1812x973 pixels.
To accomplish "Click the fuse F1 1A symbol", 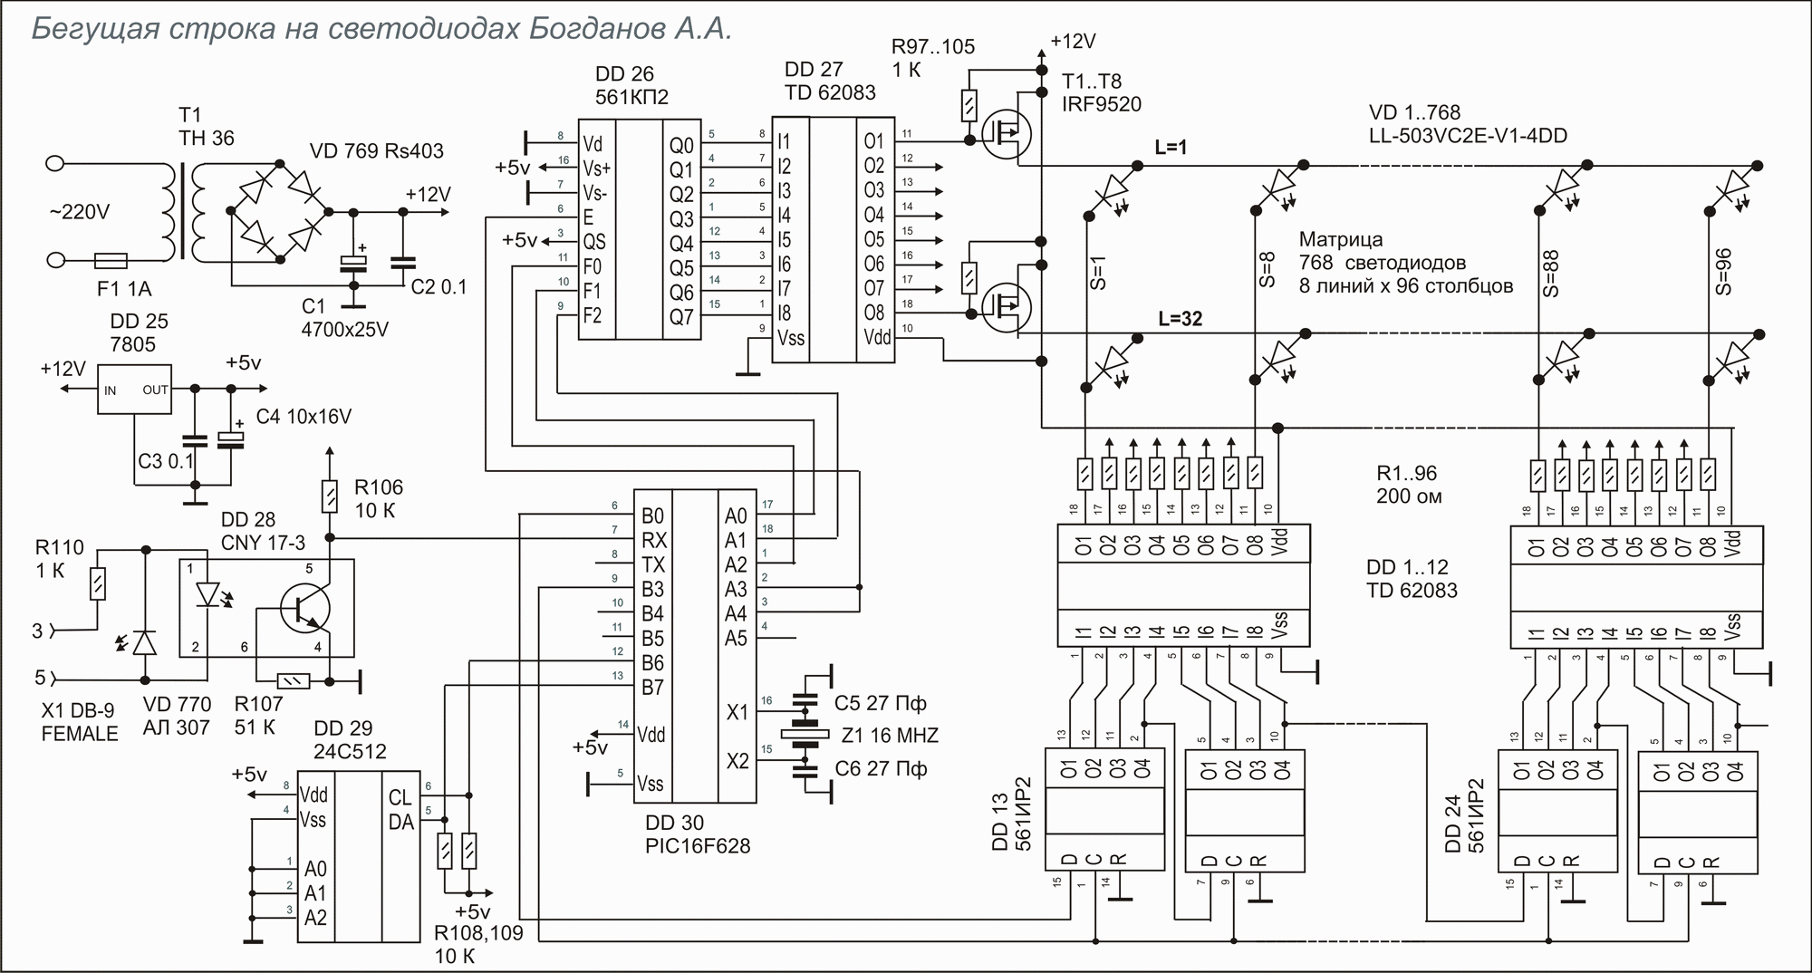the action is (111, 261).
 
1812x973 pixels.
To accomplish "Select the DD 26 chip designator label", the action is (624, 74).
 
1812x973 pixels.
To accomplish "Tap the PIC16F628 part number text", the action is (698, 846).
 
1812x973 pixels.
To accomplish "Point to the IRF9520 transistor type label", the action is (1102, 104).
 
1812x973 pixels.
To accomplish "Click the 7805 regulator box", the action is (135, 390).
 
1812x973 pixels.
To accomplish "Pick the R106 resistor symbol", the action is (330, 496).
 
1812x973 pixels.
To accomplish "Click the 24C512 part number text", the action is (350, 751).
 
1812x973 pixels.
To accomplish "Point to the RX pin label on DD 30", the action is (654, 541).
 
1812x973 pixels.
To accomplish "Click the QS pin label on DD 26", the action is (594, 243).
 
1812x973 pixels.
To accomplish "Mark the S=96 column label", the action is (1723, 272).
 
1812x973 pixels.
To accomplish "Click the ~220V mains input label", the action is (79, 212).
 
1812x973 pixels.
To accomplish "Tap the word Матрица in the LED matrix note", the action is (1341, 240).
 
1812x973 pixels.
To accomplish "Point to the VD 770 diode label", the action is (177, 705).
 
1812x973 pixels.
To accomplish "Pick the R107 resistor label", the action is (259, 703).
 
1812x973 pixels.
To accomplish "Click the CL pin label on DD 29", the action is (400, 798).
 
